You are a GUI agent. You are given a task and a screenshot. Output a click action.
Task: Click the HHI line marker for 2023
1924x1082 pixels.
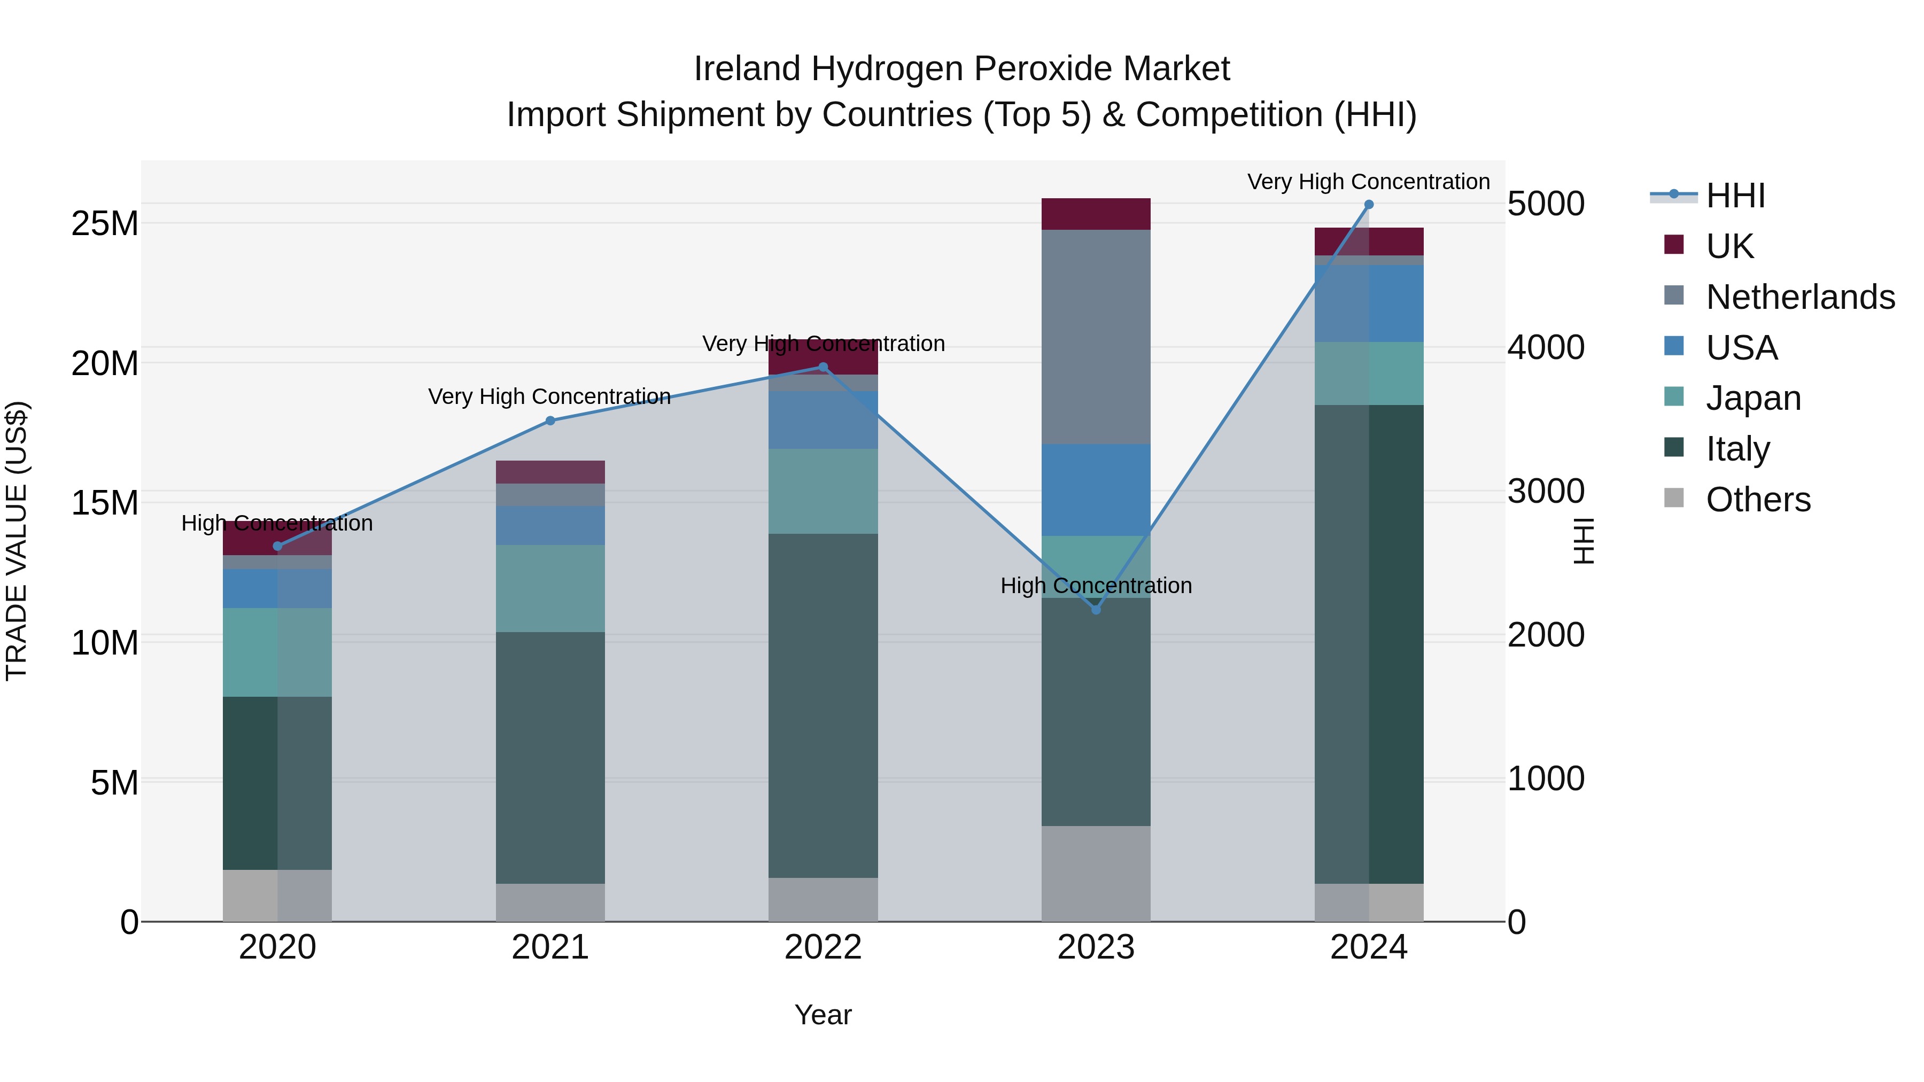[1096, 609]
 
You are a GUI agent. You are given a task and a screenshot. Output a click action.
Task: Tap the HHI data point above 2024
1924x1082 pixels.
[1368, 204]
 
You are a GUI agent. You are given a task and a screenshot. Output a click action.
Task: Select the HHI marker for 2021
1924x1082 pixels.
[550, 421]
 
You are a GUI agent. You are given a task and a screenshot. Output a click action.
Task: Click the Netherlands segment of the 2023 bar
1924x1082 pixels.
[1096, 336]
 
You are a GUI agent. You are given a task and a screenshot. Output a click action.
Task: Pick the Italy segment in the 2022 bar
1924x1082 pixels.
[823, 706]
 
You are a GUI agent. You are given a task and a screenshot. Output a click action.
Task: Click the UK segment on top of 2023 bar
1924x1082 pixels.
[1096, 214]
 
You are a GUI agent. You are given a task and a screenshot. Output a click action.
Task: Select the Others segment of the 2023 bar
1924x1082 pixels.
[1096, 873]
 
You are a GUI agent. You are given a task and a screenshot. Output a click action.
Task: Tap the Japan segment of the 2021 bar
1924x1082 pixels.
[550, 588]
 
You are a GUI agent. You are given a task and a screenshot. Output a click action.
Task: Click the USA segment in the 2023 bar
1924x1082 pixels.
[1096, 490]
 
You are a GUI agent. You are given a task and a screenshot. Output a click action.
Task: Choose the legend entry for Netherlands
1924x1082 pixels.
[1800, 297]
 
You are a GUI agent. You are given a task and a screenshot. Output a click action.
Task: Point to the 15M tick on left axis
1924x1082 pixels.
[105, 503]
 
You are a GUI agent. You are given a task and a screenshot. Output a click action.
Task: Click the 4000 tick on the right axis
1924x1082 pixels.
[1545, 347]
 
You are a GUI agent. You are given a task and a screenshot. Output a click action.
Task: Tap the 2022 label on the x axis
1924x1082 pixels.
[823, 947]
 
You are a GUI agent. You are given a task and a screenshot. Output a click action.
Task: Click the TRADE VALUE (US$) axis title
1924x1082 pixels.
[17, 541]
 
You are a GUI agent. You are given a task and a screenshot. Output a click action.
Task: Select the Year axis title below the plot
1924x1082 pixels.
[823, 1015]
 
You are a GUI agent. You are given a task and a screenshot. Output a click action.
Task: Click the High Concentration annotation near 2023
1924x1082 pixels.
[1096, 586]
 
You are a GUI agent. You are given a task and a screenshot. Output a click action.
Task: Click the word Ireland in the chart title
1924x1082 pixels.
[748, 69]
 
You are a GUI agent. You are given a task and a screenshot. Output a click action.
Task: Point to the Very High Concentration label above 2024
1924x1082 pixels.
[1368, 182]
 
